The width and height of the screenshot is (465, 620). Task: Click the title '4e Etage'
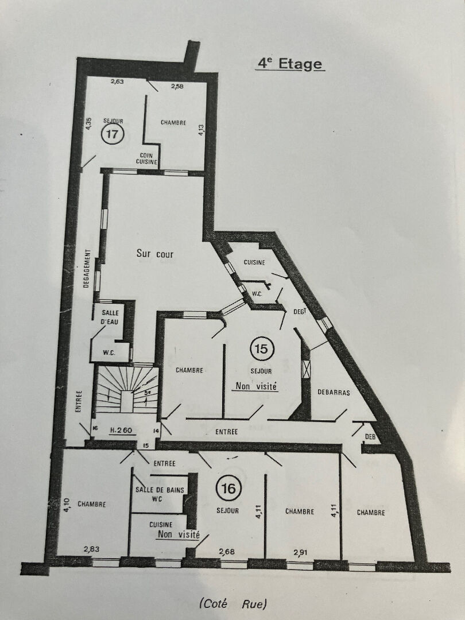pos(290,64)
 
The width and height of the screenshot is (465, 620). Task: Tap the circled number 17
pos(113,134)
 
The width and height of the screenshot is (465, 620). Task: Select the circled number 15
pos(262,349)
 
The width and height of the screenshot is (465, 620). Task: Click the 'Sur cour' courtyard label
pos(155,254)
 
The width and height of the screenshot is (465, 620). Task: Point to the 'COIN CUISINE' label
pos(147,158)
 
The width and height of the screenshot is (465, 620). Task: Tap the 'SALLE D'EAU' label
pos(110,317)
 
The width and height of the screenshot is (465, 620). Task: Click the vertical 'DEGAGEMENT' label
pos(87,268)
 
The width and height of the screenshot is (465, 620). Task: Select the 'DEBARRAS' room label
pos(334,393)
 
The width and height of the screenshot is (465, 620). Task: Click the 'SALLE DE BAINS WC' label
pos(160,494)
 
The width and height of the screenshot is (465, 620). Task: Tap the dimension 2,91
pos(300,552)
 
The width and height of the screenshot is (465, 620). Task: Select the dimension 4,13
pos(201,130)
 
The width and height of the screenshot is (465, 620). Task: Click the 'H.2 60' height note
pos(121,430)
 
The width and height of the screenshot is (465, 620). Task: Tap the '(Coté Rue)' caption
pos(233,604)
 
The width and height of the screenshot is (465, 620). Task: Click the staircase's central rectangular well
pos(127,401)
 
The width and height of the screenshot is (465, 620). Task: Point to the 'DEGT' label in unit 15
pos(300,312)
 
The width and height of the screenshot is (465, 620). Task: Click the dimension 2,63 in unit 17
pos(117,82)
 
